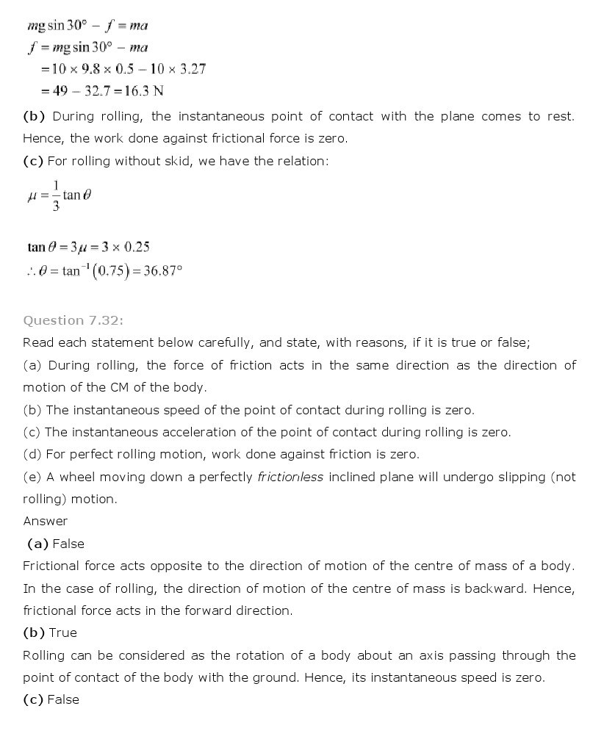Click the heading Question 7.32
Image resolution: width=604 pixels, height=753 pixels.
(65, 320)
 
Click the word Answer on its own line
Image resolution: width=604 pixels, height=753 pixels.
(45, 521)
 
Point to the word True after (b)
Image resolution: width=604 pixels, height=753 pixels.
(62, 633)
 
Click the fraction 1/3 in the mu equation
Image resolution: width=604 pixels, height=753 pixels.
(55, 195)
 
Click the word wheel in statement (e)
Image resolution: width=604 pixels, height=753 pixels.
(76, 477)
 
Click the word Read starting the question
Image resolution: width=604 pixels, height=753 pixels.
(37, 342)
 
